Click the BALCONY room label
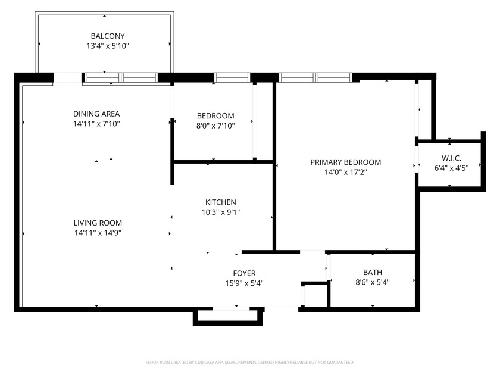(108, 36)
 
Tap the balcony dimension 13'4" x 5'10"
(108, 46)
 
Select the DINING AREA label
(92, 114)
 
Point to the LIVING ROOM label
(98, 223)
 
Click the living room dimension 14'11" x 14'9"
(98, 233)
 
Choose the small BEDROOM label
(215, 115)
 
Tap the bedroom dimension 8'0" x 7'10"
(215, 126)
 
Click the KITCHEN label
(221, 202)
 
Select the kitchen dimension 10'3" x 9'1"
(221, 212)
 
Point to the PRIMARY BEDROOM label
(346, 162)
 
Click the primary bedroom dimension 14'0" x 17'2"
(346, 172)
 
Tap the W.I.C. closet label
(451, 158)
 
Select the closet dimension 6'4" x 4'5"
(451, 168)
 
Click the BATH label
(372, 273)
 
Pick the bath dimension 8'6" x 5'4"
(372, 283)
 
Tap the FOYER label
(244, 273)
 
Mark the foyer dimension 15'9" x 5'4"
(244, 283)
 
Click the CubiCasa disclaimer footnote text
(250, 362)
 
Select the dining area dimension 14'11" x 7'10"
(92, 124)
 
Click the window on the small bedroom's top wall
(232, 77)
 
